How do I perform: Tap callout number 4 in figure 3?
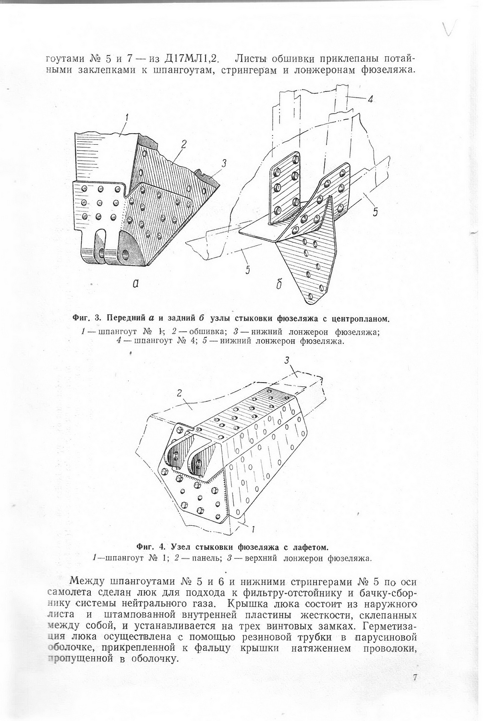370,99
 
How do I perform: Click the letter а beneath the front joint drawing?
136,284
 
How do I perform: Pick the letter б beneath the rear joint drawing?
278,284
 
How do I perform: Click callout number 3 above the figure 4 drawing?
287,360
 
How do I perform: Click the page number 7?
415,678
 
